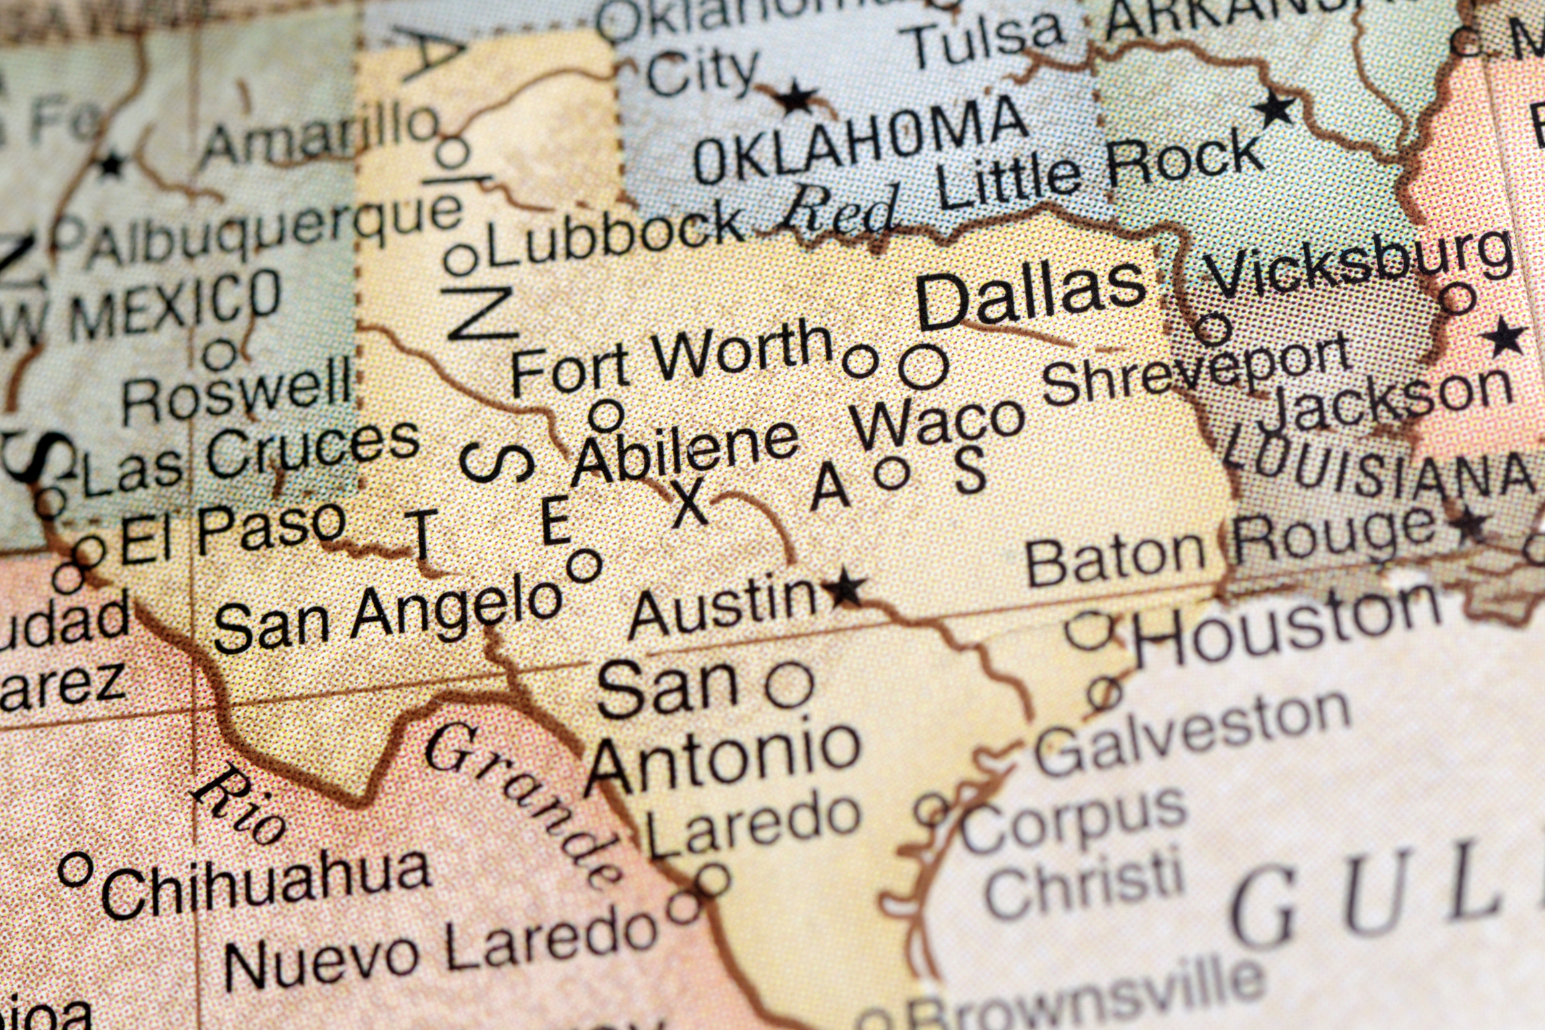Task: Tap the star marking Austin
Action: [845, 589]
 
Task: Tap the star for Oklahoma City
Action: [796, 99]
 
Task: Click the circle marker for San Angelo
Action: [584, 566]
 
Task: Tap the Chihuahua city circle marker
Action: [75, 869]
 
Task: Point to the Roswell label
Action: [236, 396]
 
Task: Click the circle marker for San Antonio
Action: [789, 685]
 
